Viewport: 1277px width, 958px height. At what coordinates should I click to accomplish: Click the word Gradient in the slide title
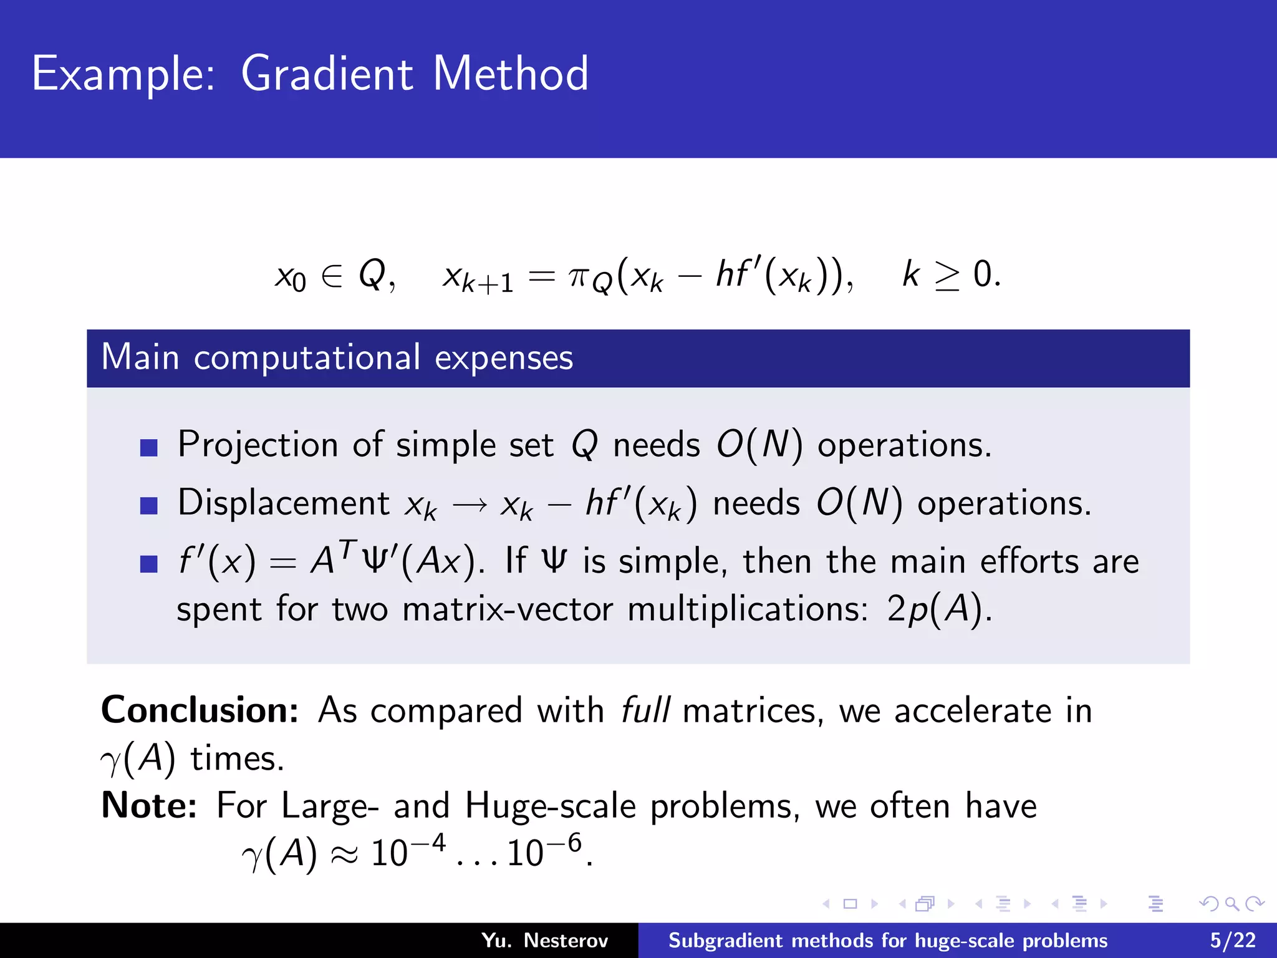point(326,74)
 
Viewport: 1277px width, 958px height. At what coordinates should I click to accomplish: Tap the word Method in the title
point(510,74)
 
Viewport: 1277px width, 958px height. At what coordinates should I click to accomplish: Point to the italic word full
point(645,710)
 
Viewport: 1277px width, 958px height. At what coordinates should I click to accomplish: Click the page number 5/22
point(1232,941)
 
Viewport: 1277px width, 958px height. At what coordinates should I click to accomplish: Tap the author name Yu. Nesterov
point(544,941)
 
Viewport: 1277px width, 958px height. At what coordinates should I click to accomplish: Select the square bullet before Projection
point(149,447)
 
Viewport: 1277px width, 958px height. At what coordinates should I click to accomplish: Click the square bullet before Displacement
point(149,505)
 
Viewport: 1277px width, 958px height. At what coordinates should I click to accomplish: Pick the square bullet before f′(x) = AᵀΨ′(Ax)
point(149,563)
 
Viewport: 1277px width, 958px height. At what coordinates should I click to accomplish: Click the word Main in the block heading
point(140,357)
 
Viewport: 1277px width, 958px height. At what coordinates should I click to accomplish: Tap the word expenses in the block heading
point(503,359)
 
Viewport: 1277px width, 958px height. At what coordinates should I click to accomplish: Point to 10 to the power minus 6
point(544,851)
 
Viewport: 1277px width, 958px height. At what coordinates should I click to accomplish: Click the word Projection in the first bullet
point(258,445)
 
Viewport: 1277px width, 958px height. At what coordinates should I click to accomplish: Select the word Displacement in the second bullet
point(284,503)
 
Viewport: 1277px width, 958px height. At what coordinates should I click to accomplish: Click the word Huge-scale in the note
point(550,806)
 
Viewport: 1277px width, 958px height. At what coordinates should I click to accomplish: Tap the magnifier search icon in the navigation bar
point(1231,904)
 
